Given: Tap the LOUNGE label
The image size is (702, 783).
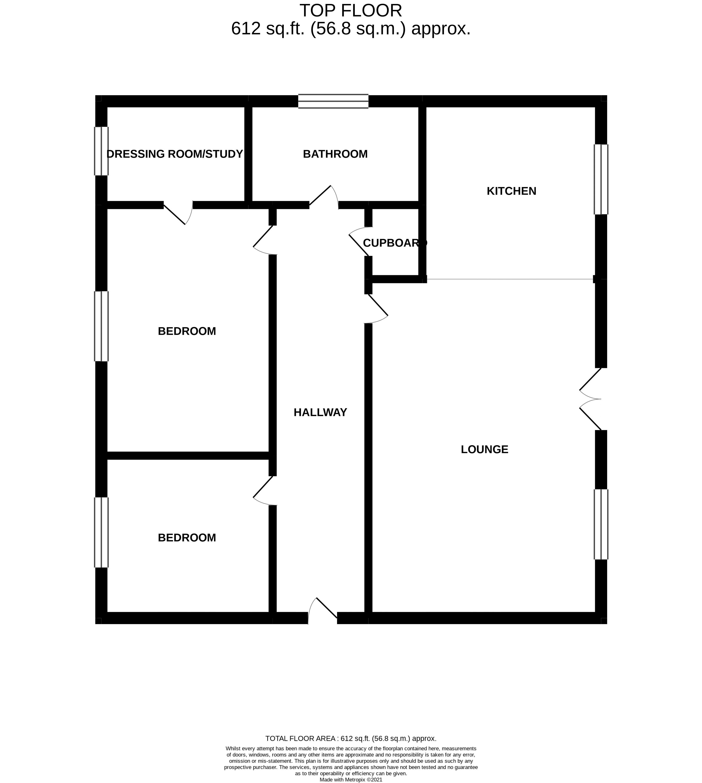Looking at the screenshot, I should click(x=485, y=449).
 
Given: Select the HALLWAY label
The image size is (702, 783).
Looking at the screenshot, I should click(x=320, y=412).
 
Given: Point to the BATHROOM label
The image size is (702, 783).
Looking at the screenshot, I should click(x=335, y=154).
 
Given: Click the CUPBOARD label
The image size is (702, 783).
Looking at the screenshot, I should click(x=394, y=243).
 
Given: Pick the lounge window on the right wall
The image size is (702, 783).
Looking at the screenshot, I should click(x=601, y=524).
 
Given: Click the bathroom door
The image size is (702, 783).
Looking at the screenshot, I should click(x=324, y=197).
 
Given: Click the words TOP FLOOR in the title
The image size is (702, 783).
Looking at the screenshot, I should click(x=351, y=11).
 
